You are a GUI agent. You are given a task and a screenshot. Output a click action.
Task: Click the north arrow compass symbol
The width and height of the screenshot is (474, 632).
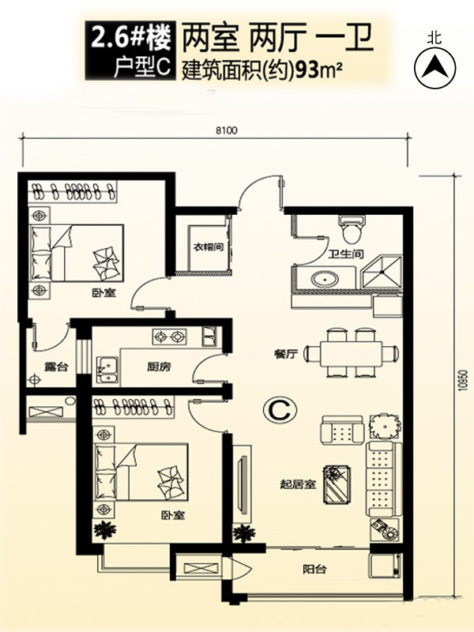435,67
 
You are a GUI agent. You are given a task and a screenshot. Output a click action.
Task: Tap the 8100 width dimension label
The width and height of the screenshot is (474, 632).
227,130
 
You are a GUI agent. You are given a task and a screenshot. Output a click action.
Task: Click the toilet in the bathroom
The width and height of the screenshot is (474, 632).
352,229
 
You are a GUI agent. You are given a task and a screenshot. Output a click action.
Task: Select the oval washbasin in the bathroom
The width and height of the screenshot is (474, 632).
325,279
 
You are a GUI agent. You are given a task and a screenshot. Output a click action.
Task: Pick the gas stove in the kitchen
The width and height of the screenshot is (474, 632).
169,337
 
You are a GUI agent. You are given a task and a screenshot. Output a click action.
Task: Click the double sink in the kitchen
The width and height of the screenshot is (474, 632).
107,370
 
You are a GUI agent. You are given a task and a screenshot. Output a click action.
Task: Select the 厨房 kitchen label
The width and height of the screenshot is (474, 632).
159,367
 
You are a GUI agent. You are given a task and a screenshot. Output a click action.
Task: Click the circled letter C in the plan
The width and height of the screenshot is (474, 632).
280,410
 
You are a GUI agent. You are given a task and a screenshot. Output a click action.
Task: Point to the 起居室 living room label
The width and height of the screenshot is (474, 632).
299,484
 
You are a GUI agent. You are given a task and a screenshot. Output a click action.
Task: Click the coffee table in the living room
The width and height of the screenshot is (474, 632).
337,485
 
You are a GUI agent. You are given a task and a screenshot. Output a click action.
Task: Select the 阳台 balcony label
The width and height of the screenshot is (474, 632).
314,570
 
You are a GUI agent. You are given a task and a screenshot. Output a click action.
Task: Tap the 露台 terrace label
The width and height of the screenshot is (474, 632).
56,367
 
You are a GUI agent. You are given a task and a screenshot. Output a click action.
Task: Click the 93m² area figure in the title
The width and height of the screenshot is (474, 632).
320,71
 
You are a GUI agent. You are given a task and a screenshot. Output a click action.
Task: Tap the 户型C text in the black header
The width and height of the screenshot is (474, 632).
142,67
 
